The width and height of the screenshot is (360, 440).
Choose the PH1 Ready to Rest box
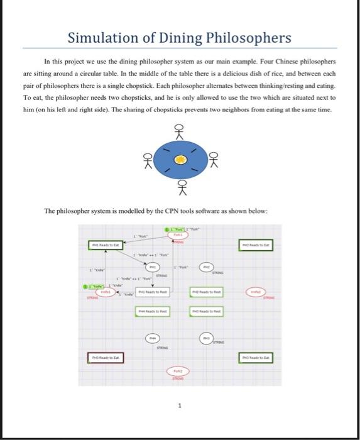[151, 292]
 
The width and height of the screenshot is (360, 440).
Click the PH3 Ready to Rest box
[205, 311]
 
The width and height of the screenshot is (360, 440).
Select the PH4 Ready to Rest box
[151, 311]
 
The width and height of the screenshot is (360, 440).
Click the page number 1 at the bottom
[180, 405]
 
